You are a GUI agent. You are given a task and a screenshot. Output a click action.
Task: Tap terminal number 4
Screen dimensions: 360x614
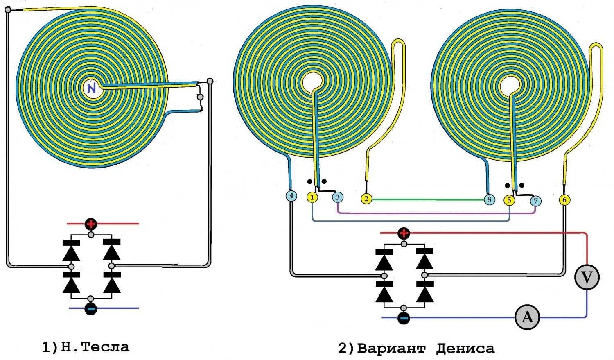(291, 196)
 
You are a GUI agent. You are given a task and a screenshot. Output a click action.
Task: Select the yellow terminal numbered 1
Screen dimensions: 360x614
(312, 197)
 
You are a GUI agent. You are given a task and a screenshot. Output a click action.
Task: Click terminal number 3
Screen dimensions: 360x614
(337, 197)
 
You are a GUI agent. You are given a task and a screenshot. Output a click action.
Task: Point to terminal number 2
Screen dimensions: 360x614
(366, 199)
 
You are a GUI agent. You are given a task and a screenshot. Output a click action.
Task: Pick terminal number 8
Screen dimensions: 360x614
(489, 200)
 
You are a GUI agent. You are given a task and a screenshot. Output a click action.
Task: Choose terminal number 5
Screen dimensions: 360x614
(509, 200)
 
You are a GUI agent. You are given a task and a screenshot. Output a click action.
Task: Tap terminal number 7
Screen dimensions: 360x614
(535, 201)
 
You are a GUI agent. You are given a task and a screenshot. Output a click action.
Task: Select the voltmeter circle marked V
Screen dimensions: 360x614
(587, 277)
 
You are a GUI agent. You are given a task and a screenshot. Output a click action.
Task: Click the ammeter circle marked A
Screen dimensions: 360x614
(527, 317)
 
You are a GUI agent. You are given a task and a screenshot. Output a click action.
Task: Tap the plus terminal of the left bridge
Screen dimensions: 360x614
(91, 224)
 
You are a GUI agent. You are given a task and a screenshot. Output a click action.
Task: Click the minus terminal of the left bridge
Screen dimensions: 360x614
(91, 308)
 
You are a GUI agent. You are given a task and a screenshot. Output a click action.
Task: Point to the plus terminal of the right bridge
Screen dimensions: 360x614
(404, 233)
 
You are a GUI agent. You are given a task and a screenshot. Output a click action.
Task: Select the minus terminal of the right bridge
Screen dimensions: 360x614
(404, 318)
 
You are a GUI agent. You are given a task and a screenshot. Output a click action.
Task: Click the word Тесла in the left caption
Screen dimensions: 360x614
(105, 347)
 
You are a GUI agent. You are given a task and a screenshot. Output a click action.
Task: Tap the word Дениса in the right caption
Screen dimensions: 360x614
(465, 349)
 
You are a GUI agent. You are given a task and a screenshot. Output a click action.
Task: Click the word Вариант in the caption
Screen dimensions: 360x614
(391, 349)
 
